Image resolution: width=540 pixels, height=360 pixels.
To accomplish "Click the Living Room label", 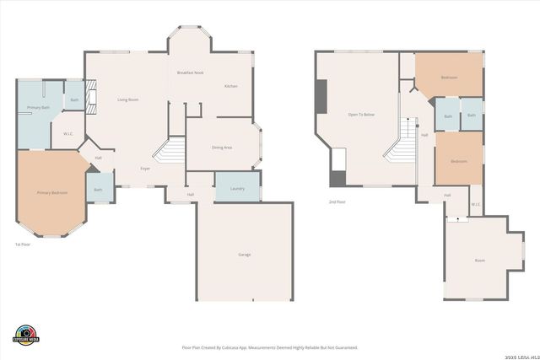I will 127,100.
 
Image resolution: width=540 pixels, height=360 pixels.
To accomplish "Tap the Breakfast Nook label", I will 191,73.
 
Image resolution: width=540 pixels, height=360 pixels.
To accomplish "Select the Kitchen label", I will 230,87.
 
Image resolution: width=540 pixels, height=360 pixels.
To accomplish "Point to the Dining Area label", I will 222,148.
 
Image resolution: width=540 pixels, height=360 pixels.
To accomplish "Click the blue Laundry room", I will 237,188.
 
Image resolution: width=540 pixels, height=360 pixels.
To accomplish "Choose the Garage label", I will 245,255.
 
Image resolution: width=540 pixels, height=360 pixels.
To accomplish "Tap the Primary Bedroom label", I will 52,193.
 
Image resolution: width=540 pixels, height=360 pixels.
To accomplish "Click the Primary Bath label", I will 38,108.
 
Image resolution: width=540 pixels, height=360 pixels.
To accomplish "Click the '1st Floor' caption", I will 23,244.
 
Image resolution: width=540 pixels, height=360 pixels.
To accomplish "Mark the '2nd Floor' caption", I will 337,201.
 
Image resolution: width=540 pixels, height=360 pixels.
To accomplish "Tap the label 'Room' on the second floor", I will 480,261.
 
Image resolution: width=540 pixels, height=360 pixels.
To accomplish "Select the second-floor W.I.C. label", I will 476,204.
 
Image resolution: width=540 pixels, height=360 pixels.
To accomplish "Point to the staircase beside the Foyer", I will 170,152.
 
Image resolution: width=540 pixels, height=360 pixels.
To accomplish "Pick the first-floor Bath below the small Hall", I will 99,190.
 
